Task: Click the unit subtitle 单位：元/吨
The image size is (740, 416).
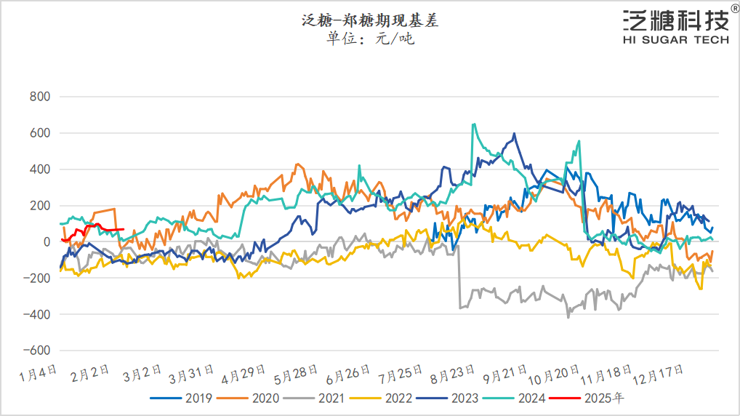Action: [x=370, y=39]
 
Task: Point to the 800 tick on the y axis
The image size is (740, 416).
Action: [x=39, y=97]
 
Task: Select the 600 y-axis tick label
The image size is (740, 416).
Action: [x=39, y=133]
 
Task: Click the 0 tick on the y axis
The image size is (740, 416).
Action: [x=47, y=242]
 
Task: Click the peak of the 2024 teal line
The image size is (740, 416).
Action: [x=474, y=124]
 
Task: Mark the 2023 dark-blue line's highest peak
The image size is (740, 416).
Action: [x=515, y=134]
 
